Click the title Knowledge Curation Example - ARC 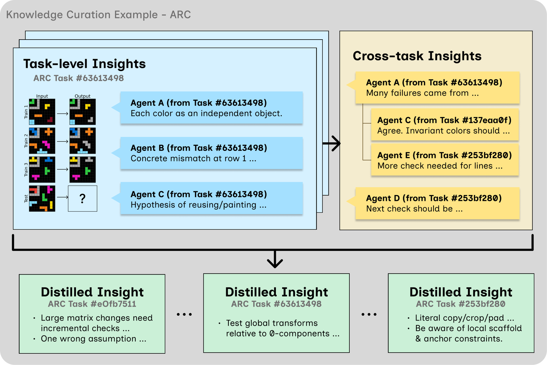pyautogui.click(x=98, y=15)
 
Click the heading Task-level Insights pyautogui.click(x=84, y=64)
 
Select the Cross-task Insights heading pyautogui.click(x=417, y=56)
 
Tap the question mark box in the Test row pyautogui.click(x=82, y=198)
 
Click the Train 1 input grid pyautogui.click(x=42, y=112)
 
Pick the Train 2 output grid pyautogui.click(x=82, y=141)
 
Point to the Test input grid pyautogui.click(x=42, y=198)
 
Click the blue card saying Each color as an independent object pyautogui.click(x=212, y=108)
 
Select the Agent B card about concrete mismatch pyautogui.click(x=212, y=153)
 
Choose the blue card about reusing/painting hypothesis pyautogui.click(x=212, y=198)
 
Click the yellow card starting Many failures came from pyautogui.click(x=437, y=87)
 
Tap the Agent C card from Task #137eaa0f pyautogui.click(x=445, y=125)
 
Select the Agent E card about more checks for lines pyautogui.click(x=445, y=159)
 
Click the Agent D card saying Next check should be pyautogui.click(x=437, y=203)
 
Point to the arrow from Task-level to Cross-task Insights pyautogui.click(x=331, y=143)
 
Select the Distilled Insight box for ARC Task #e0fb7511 pyautogui.click(x=92, y=314)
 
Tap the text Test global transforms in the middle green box pyautogui.click(x=272, y=323)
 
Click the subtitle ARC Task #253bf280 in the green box pyautogui.click(x=461, y=304)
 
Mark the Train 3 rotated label pyautogui.click(x=26, y=170)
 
